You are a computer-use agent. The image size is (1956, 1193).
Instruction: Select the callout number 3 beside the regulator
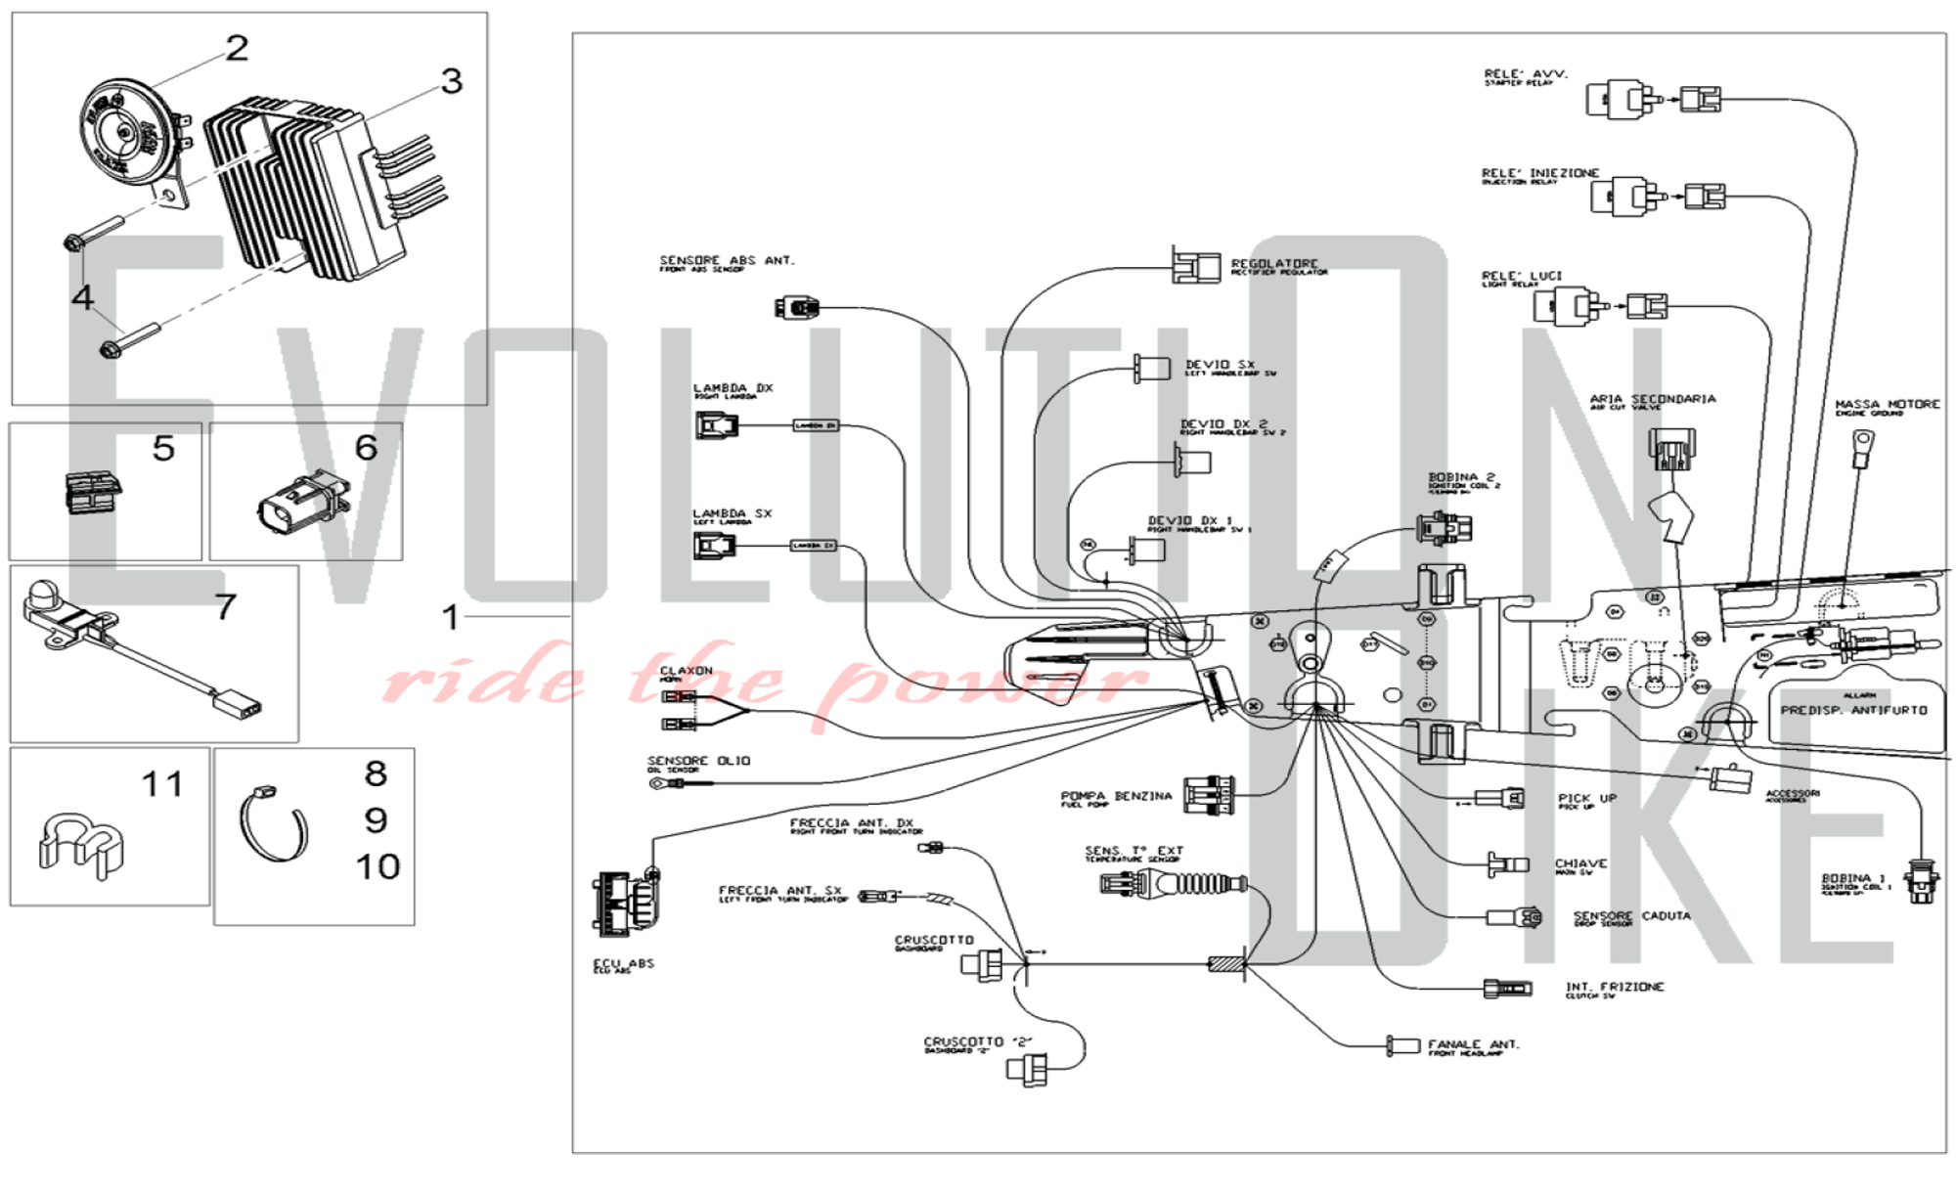pos(451,81)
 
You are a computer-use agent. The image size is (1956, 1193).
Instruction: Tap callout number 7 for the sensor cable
pos(225,607)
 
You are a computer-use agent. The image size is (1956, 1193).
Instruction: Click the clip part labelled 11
pos(80,841)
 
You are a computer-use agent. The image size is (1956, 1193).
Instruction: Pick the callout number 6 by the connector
pos(366,448)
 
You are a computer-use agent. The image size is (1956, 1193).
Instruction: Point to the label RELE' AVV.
pos(1525,74)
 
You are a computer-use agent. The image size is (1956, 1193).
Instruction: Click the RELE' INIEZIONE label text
pos(1540,173)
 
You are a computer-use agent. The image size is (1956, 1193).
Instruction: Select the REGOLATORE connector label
pos(1274,264)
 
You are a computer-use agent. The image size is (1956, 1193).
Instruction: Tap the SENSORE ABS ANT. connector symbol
pos(797,308)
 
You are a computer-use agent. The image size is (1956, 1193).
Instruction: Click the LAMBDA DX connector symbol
pos(717,425)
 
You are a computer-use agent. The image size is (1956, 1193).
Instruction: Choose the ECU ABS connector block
pos(624,902)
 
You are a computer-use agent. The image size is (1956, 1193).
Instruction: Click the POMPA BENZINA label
pos(1116,797)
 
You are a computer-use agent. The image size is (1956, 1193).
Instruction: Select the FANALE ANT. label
pos(1473,1044)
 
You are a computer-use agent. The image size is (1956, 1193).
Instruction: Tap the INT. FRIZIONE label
pos(1614,988)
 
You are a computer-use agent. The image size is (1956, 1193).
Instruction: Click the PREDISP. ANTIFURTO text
pos(1853,710)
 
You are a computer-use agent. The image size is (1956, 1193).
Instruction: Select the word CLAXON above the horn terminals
pos(687,671)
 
